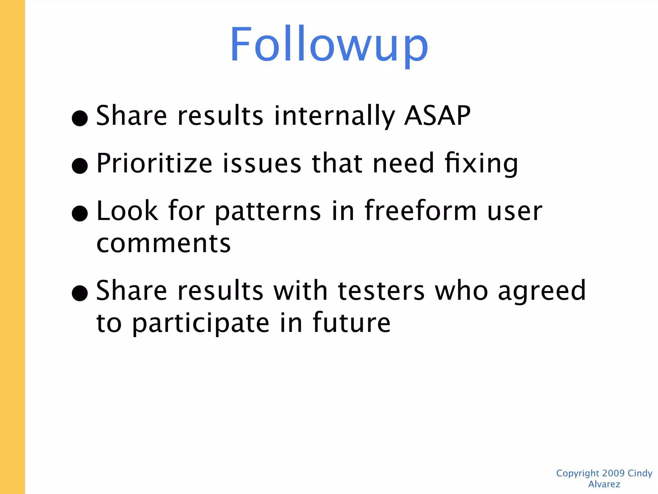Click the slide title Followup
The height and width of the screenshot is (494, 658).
click(x=329, y=45)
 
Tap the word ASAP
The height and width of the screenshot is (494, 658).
click(x=437, y=116)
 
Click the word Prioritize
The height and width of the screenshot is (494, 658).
click(x=154, y=163)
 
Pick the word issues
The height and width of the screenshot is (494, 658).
click(x=262, y=163)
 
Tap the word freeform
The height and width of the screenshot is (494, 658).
click(x=421, y=211)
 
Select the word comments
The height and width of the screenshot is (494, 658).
click(x=164, y=243)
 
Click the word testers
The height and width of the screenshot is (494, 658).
click(x=381, y=291)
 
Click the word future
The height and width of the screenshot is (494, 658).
click(x=351, y=322)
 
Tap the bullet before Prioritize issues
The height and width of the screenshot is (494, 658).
click(x=80, y=166)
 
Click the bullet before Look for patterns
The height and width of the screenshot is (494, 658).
click(x=80, y=214)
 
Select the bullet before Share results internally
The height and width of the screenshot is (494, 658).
click(x=80, y=118)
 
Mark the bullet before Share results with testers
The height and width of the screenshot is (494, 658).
click(x=80, y=293)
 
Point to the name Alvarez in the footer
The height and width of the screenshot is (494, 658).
click(x=604, y=484)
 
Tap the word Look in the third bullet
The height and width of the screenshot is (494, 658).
click(x=127, y=211)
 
